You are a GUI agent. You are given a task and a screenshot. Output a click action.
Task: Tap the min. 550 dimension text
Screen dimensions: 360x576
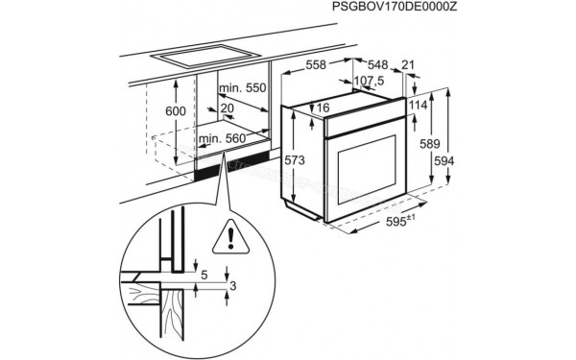pyautogui.click(x=241, y=88)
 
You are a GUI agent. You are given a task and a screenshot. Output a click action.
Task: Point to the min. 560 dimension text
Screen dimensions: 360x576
pyautogui.click(x=223, y=140)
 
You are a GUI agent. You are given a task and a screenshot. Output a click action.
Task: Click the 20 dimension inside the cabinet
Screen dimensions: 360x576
pyautogui.click(x=228, y=108)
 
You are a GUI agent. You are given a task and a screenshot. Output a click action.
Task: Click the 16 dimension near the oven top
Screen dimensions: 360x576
pyautogui.click(x=324, y=108)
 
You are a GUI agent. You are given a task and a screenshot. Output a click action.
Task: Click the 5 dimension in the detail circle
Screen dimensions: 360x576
pyautogui.click(x=204, y=275)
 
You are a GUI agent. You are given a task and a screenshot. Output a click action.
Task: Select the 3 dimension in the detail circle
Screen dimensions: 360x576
pyautogui.click(x=231, y=285)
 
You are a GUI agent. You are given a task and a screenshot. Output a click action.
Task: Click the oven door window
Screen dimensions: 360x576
pyautogui.click(x=362, y=170)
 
